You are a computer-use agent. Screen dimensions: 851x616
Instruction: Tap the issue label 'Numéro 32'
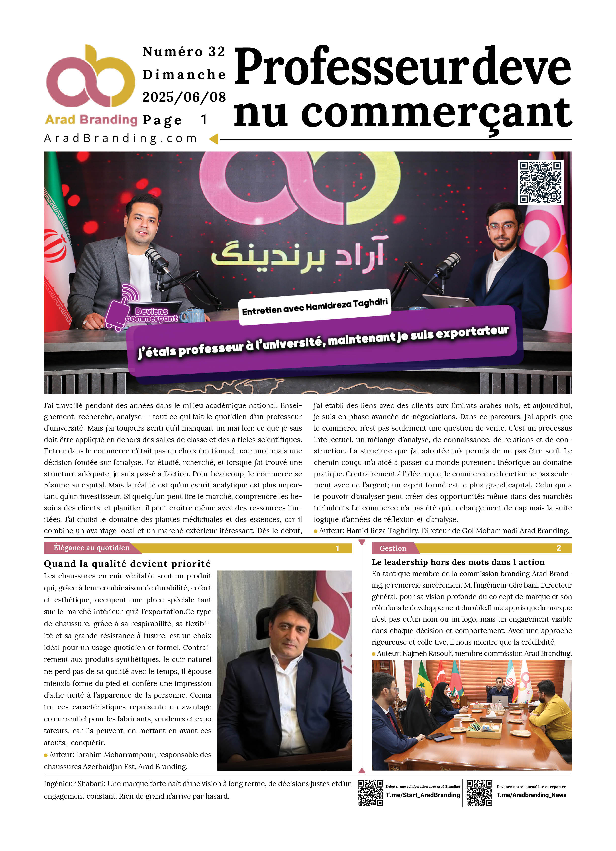point(184,52)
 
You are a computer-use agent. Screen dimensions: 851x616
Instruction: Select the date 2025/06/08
point(184,97)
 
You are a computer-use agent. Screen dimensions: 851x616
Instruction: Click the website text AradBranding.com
point(120,138)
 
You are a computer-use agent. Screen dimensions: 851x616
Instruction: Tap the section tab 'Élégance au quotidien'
point(92,548)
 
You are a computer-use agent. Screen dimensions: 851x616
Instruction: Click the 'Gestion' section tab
point(392,548)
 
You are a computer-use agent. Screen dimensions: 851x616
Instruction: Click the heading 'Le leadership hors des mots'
point(458,562)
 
